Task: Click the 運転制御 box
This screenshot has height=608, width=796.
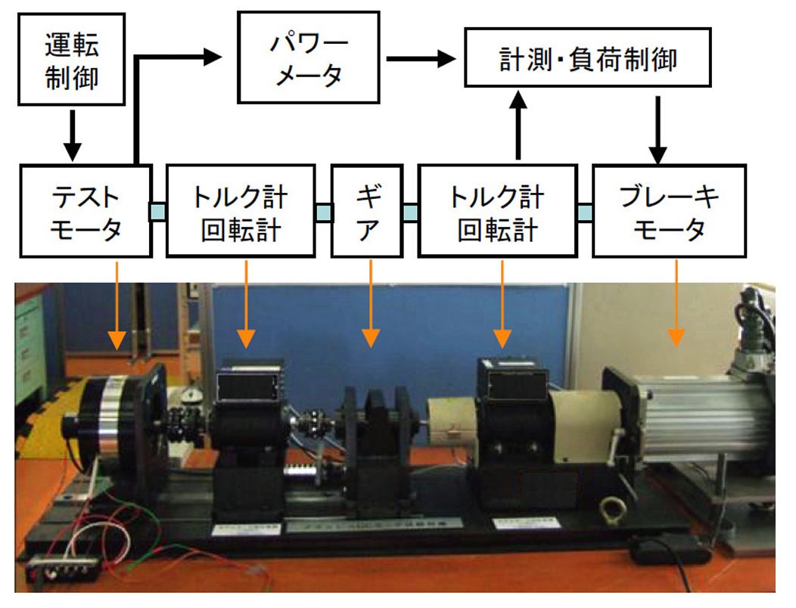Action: point(71,60)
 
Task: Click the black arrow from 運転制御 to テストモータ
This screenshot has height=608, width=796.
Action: point(71,135)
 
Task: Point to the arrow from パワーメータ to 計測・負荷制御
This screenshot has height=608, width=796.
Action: point(423,58)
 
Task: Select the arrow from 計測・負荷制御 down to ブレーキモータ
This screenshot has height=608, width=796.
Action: point(657,129)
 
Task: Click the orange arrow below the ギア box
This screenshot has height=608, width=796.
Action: point(370,302)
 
